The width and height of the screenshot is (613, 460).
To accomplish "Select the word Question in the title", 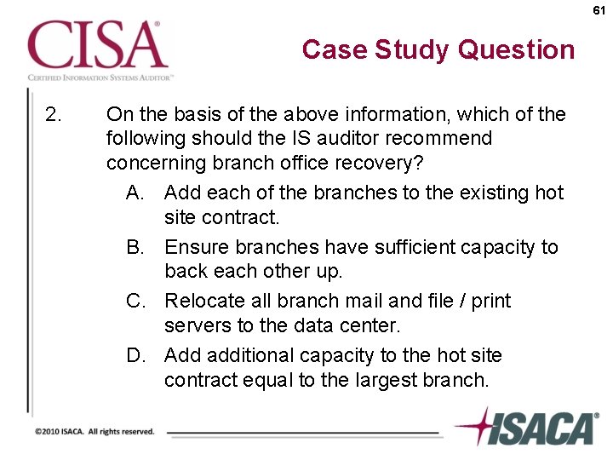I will click(518, 49).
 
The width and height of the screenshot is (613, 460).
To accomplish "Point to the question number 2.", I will click(53, 114).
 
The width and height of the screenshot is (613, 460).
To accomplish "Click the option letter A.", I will click(135, 193).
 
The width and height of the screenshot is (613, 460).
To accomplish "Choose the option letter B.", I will click(135, 247).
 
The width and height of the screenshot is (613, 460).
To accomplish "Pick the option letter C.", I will click(135, 301).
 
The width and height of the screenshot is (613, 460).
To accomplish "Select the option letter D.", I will click(135, 355).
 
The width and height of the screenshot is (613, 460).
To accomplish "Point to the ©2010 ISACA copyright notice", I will click(95, 431).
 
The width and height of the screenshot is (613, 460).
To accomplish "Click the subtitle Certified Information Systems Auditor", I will click(100, 77).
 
